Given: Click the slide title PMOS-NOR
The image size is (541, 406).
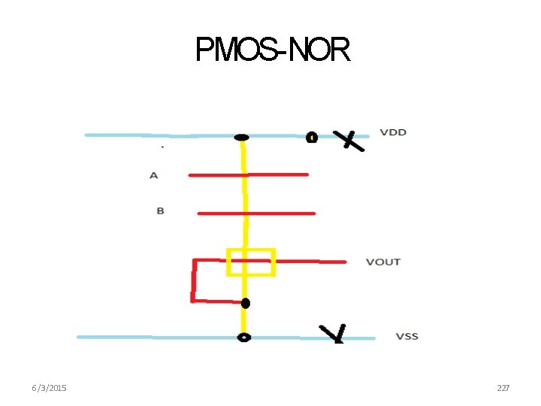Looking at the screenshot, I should coord(272,50).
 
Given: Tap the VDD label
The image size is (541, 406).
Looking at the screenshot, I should coord(393,132).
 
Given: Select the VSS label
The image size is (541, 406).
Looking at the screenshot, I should coord(407,336).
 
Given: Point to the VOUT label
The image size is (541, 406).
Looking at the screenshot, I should coord(383,262).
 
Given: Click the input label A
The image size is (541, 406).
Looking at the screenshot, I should coord(154,175).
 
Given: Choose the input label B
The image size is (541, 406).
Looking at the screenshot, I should coord(160,211).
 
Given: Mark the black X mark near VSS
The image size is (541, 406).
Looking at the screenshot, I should coord(333,333).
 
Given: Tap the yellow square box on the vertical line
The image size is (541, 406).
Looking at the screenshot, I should coord(251,262).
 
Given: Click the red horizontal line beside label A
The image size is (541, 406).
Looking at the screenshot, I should coord(278,174).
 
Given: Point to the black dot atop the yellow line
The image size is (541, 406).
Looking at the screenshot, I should coord(241,137).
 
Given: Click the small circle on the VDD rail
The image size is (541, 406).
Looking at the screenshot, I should coord(311,137).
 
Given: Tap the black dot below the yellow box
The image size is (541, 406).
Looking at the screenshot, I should coord(245,304).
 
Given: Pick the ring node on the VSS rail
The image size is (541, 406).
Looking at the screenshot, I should coord(243,338).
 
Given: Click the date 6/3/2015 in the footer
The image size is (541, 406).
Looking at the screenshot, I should coord(49,388).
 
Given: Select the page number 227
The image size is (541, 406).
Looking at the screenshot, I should coord(503,388).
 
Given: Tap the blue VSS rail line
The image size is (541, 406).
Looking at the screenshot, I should coord(150,337).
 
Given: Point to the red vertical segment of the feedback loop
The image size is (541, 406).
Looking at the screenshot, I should coord(194,280).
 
